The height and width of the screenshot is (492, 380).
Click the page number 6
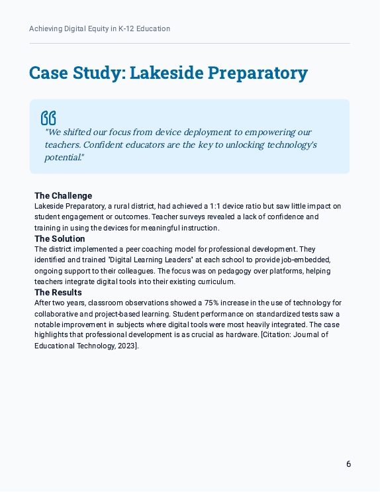tap(348, 464)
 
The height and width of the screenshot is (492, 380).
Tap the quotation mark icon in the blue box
tap(48, 118)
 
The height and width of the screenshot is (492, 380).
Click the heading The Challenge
tap(63, 195)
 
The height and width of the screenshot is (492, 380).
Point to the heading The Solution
tap(60, 238)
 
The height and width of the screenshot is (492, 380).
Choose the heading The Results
tap(58, 292)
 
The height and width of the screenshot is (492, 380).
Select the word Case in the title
tap(51, 73)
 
